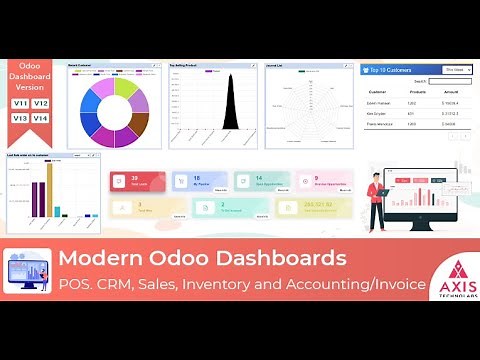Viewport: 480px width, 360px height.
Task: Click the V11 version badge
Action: coord(20,103)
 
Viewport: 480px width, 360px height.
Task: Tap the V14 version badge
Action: coord(41,118)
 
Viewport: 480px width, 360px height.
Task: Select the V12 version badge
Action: coord(41,103)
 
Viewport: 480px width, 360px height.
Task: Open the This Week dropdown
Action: coord(454,71)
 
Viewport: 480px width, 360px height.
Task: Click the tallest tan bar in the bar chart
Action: coord(48,186)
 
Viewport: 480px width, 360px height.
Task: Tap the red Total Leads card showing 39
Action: coord(136,181)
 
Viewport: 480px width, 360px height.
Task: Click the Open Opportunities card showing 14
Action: coord(262,181)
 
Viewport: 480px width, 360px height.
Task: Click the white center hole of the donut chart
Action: coord(114,112)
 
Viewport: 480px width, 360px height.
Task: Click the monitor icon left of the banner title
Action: coord(27,270)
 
